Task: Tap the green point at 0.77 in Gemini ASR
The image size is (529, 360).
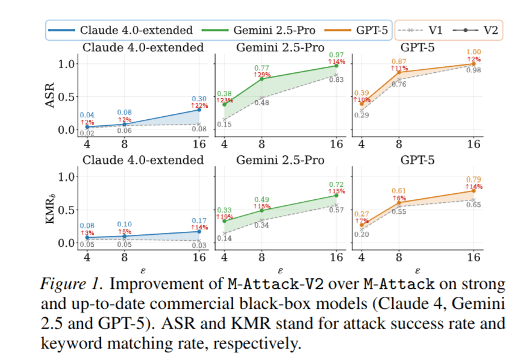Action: point(261,79)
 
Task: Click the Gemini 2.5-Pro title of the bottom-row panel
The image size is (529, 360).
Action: point(280,160)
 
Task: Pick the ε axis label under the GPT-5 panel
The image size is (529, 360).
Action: point(418,270)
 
